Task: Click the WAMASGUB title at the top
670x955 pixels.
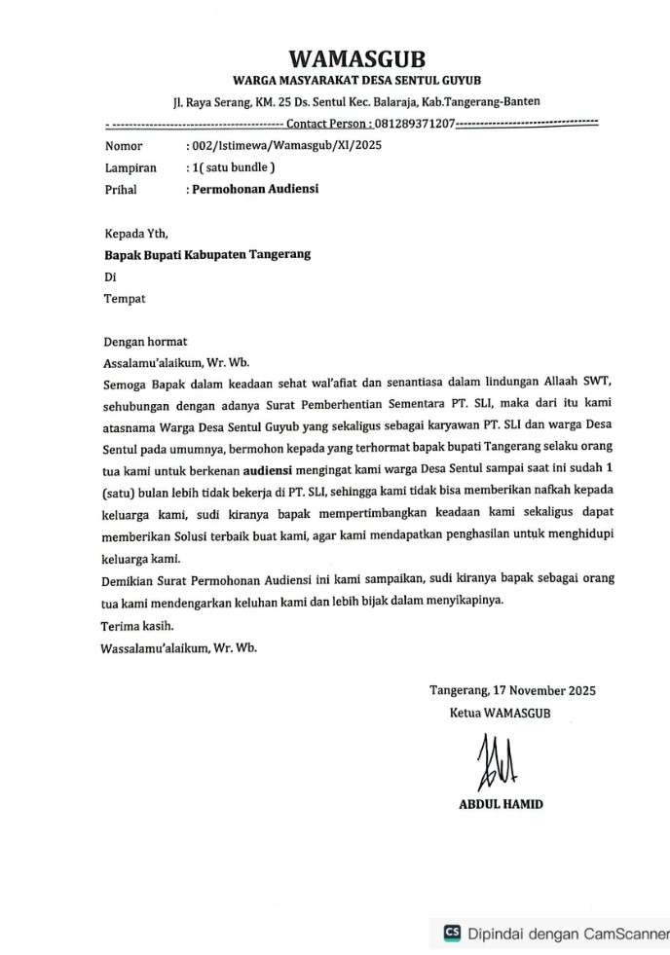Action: click(356, 59)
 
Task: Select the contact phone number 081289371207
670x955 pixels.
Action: click(415, 125)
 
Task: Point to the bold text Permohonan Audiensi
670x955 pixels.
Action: click(254, 189)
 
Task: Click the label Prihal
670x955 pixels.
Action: click(121, 189)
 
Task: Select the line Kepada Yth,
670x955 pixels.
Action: click(136, 234)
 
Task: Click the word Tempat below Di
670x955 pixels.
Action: click(125, 299)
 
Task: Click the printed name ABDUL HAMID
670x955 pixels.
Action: click(501, 804)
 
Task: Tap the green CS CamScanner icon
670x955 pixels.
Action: click(452, 933)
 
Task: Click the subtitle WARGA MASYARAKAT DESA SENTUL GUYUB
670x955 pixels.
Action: click(356, 79)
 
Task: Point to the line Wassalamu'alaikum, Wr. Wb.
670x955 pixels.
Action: click(180, 647)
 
